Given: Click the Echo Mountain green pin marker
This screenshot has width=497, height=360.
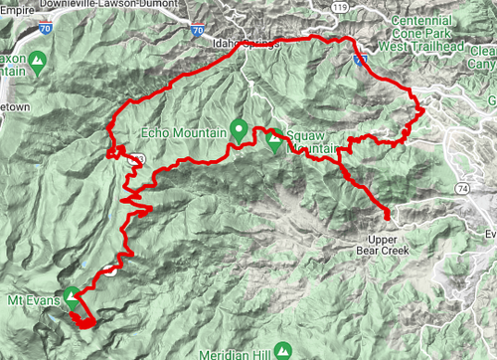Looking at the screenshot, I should tap(239, 127).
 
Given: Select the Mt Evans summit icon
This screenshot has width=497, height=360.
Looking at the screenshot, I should tap(72, 294).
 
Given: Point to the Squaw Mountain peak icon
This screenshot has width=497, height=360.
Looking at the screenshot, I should tap(273, 139).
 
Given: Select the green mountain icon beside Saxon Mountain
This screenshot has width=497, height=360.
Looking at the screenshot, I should tap(38, 63).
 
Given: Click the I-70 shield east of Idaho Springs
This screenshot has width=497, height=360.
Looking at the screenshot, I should tap(358, 61).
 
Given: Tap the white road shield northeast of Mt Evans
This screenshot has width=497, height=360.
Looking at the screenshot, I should tap(108, 267).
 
